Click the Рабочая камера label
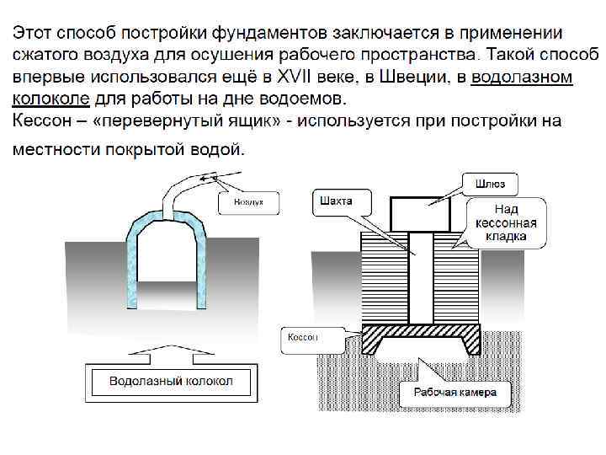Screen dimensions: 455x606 454,392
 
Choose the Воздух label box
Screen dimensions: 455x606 248,202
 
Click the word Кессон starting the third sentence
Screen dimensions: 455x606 41,120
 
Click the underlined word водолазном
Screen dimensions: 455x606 524,78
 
